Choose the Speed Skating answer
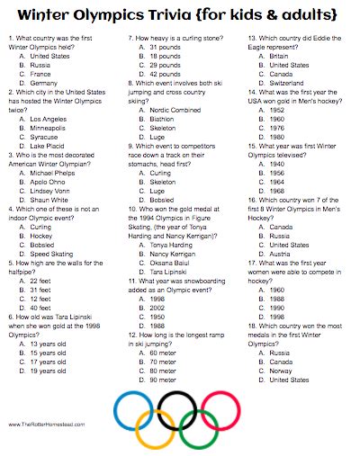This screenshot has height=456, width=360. (51, 228)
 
